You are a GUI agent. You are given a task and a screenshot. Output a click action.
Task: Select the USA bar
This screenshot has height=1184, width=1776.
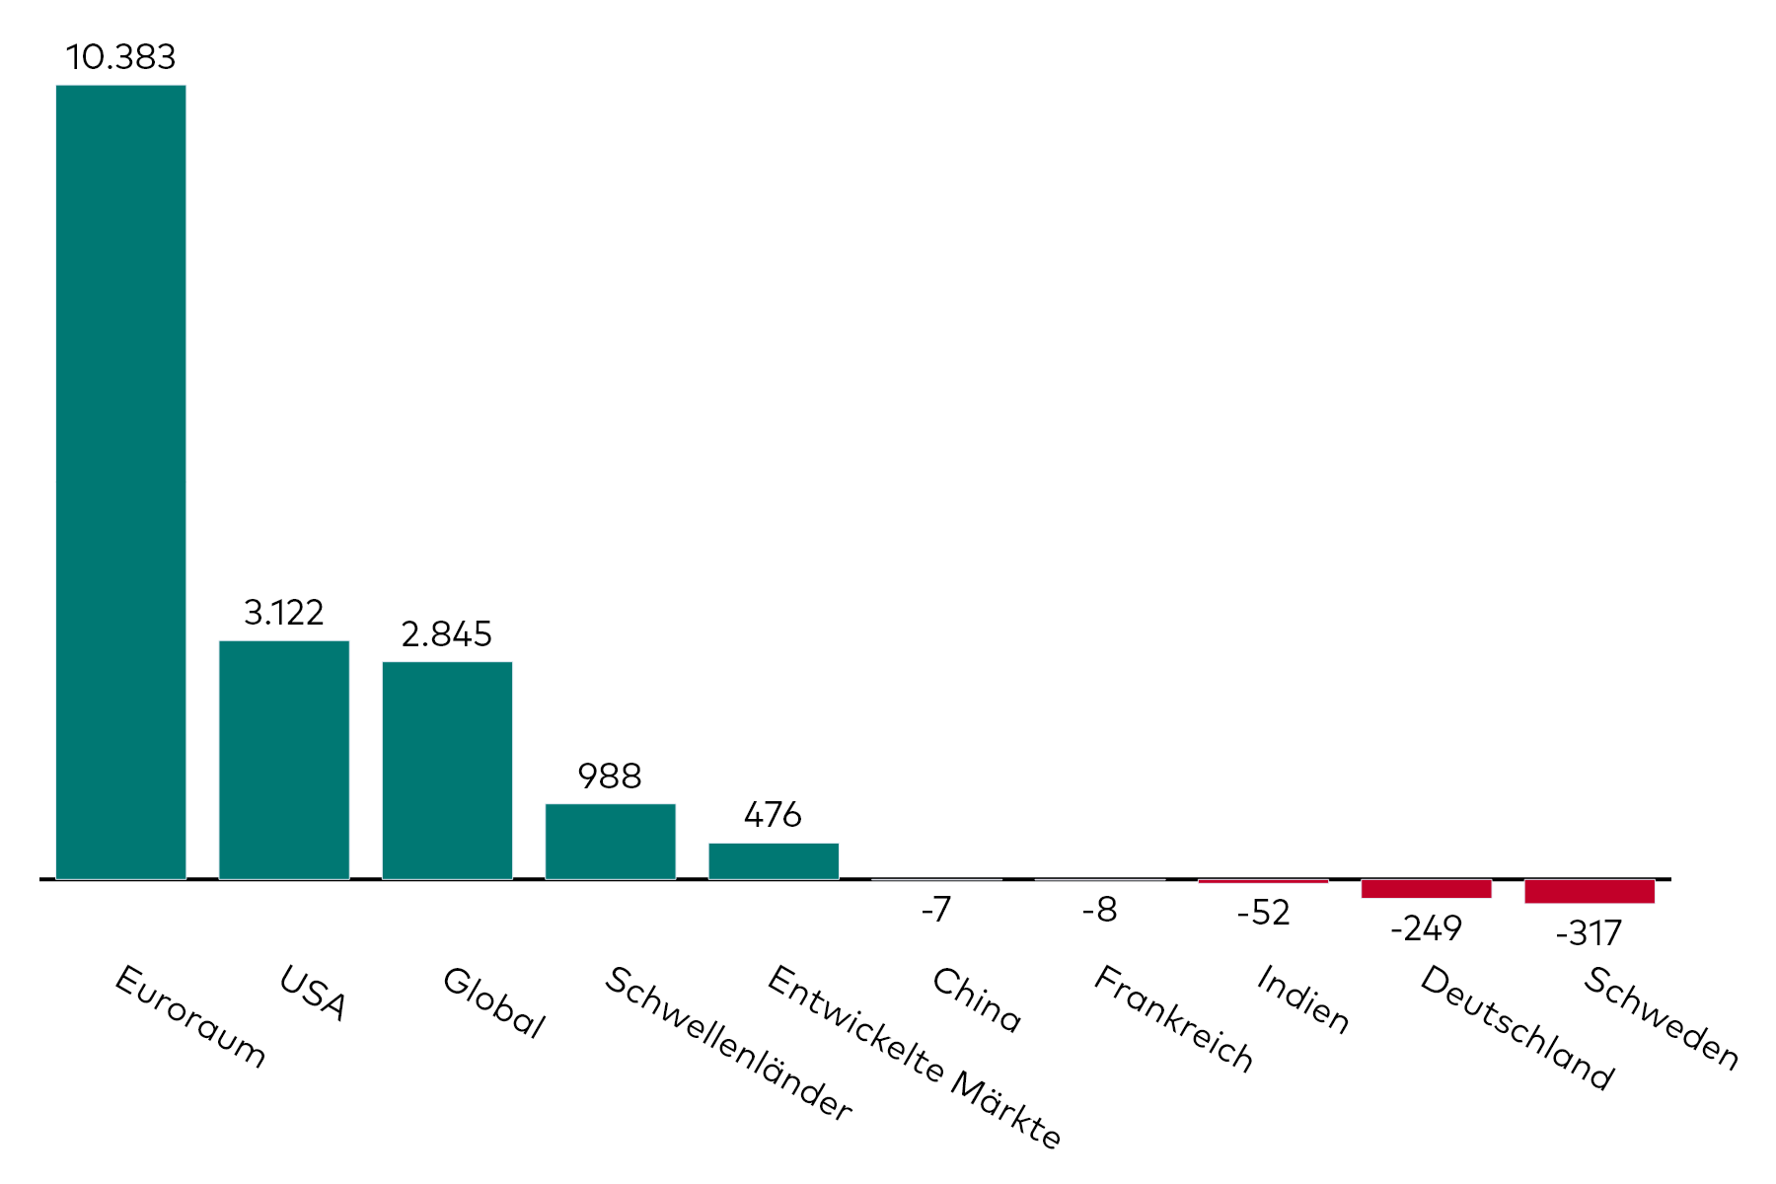click(284, 760)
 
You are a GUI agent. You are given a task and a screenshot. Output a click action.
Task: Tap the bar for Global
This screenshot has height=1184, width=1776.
click(447, 770)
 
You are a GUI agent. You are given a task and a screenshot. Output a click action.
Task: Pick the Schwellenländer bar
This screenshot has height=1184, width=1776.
click(610, 841)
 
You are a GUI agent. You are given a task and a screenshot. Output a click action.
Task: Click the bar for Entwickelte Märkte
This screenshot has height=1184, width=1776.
click(774, 860)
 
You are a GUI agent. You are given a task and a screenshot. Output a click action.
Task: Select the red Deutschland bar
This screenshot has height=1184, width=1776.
click(1426, 889)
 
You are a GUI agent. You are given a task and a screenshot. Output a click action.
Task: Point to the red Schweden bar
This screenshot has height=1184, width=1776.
click(1590, 891)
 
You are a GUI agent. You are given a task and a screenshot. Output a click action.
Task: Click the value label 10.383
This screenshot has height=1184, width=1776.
click(120, 57)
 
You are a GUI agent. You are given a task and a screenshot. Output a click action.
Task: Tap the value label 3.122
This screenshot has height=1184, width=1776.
click(284, 613)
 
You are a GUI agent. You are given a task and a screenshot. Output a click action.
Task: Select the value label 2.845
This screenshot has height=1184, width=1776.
click(447, 633)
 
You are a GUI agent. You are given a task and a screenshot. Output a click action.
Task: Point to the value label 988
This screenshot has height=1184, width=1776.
click(610, 777)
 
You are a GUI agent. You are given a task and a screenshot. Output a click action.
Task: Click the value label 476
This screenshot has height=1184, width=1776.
click(774, 815)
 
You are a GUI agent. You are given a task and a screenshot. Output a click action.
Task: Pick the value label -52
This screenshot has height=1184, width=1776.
click(1263, 913)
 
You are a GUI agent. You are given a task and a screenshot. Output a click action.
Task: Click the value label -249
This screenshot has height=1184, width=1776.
click(1426, 928)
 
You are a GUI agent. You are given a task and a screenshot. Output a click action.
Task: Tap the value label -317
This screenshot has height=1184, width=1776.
click(1589, 933)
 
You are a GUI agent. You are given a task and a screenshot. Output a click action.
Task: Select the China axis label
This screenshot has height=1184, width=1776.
click(976, 999)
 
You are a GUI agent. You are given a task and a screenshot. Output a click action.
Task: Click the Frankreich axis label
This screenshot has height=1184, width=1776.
click(1173, 1018)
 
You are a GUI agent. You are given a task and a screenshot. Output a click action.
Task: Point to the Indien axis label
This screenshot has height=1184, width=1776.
click(1302, 999)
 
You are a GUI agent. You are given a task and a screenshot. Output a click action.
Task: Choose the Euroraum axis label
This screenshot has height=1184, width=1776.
click(190, 1016)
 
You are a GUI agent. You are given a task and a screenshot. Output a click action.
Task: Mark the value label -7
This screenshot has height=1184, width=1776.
click(936, 909)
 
